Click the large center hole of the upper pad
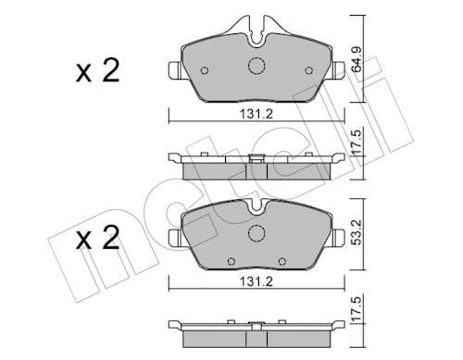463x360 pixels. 257,66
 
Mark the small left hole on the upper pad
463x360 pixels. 205,69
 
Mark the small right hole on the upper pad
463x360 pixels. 309,69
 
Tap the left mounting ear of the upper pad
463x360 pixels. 172,69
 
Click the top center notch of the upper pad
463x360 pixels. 257,35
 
